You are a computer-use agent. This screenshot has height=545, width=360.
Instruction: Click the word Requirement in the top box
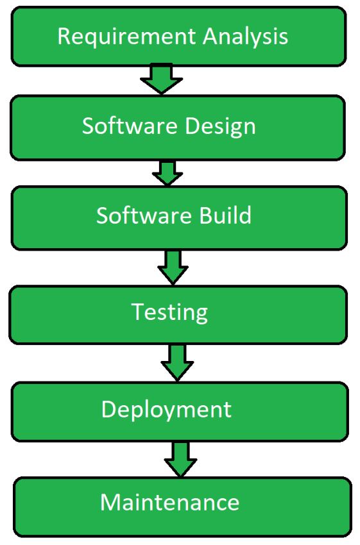tap(126, 37)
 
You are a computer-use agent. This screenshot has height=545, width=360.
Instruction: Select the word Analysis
tap(246, 37)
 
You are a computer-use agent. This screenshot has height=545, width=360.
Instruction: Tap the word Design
tap(221, 126)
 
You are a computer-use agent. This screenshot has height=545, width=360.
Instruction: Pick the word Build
tap(225, 215)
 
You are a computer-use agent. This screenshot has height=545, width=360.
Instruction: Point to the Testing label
tap(170, 312)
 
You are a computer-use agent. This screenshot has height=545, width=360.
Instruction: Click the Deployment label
tap(166, 410)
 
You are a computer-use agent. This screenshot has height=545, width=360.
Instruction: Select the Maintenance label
tap(170, 502)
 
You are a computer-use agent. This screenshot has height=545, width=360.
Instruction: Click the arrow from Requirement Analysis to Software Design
tap(162, 79)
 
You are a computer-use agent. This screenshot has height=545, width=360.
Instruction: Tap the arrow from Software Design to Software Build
tap(167, 172)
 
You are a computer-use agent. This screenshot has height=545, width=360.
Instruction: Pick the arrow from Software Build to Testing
tap(173, 267)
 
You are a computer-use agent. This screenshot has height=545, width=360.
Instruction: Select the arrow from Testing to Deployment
tap(177, 362)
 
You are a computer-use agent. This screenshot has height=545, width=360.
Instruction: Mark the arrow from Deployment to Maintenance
tap(181, 459)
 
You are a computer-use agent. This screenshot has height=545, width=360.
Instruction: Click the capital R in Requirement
tap(64, 36)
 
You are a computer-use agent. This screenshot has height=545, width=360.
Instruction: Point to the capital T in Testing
tap(138, 311)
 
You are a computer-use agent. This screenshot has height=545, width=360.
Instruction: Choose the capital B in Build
tap(205, 215)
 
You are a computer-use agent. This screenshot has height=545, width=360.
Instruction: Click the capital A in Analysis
tap(210, 36)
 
